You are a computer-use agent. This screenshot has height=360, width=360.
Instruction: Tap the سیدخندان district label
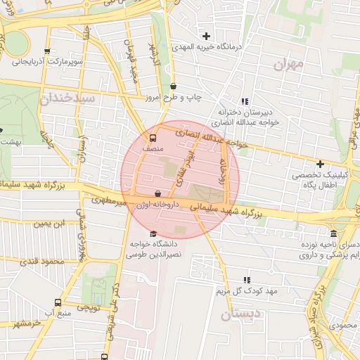point(67,97)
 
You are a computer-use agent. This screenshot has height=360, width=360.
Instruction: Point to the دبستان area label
point(240,314)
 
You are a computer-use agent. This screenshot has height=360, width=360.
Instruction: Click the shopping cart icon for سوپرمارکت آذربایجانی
point(47,51)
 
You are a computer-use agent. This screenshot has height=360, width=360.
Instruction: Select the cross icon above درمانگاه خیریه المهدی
point(206,36)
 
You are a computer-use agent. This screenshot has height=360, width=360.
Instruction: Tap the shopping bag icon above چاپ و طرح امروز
point(173,86)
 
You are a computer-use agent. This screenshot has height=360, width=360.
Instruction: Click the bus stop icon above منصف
point(153,138)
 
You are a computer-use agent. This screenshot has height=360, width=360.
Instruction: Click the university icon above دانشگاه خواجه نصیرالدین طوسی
point(153,234)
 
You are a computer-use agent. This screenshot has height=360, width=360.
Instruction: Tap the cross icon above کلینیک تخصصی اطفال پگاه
point(320,164)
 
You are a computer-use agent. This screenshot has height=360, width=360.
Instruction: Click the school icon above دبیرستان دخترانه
point(245,101)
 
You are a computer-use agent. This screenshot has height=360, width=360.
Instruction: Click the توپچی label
point(89,308)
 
